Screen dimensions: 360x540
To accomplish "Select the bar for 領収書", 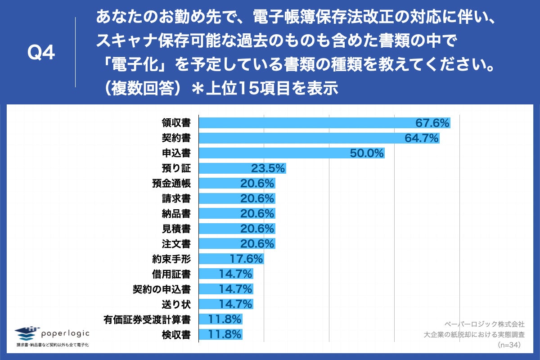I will [x=324, y=123].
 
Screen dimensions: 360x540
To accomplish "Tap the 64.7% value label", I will [x=421, y=138].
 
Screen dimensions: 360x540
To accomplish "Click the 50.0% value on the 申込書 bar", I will [x=367, y=153].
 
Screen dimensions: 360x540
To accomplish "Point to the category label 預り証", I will [x=176, y=168].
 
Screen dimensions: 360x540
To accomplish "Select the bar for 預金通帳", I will [x=237, y=184].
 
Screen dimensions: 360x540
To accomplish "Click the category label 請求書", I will [x=176, y=198].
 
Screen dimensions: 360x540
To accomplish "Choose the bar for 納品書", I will [x=237, y=214].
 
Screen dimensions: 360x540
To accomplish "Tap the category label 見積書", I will [x=176, y=229].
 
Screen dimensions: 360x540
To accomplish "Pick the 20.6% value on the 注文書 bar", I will [x=257, y=244].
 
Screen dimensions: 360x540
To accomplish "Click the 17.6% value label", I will [x=245, y=259].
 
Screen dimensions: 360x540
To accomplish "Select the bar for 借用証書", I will [x=226, y=274].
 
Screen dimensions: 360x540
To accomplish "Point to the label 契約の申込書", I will [x=162, y=289].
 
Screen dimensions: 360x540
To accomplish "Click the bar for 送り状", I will [x=226, y=304].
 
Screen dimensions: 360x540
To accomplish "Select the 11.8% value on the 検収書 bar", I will [x=225, y=335].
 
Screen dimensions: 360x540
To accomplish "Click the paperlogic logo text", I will [x=65, y=333].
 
